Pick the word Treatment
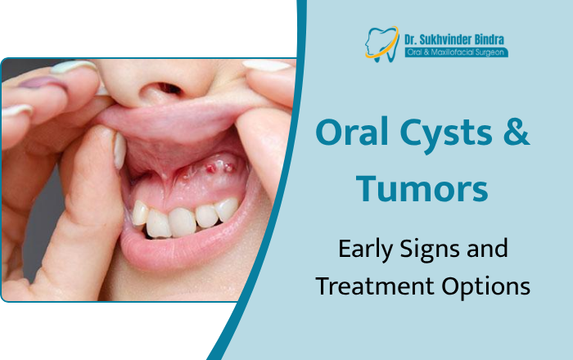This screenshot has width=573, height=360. coord(366,286)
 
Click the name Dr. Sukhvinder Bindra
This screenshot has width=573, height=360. coord(453,36)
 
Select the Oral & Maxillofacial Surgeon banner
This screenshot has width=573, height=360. coord(455,52)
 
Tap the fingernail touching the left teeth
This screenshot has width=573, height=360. coord(120,149)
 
